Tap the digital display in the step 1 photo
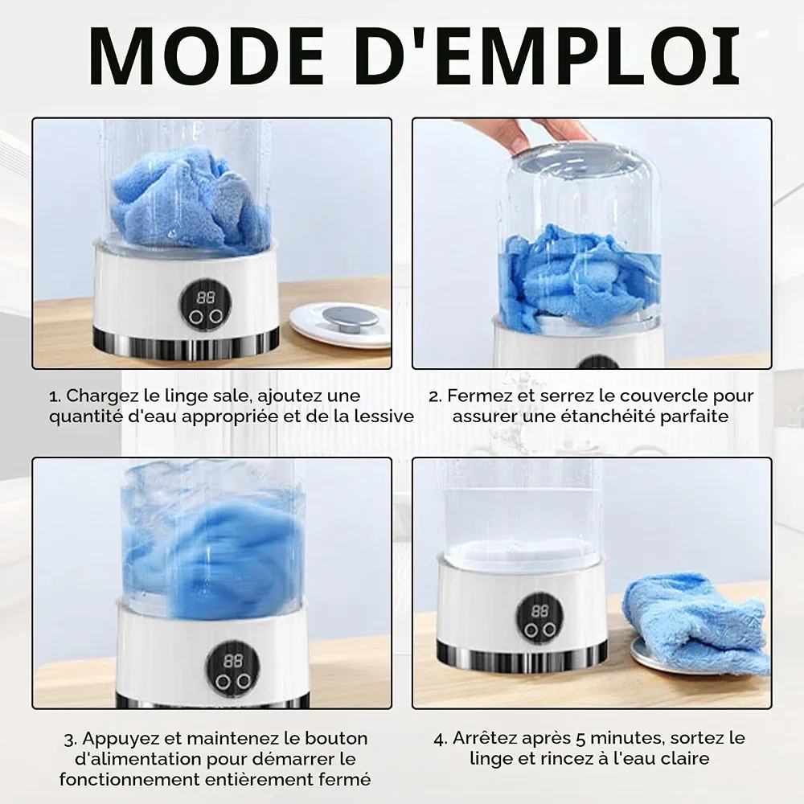[x=206, y=297]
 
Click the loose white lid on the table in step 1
[x=340, y=325]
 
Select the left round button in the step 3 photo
[x=222, y=682]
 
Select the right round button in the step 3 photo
[x=244, y=681]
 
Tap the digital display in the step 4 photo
[x=540, y=611]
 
